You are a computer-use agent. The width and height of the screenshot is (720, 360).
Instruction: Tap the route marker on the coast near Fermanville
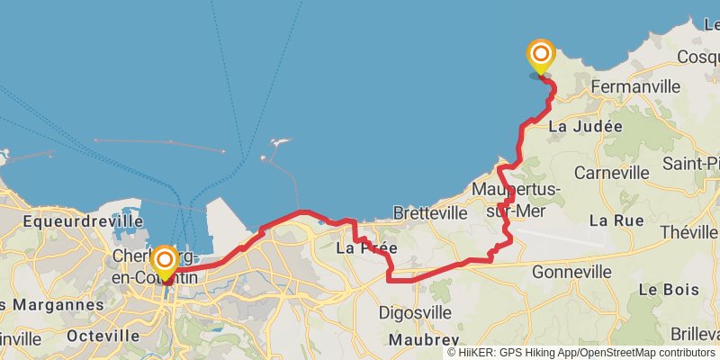click(541, 56)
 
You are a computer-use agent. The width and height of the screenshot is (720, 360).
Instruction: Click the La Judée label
click(585, 127)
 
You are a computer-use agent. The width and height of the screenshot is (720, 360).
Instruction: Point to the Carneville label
click(611, 172)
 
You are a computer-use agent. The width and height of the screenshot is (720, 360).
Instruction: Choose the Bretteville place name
click(430, 213)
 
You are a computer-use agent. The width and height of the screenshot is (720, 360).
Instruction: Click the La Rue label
click(616, 220)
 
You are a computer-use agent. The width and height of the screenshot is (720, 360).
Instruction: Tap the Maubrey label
click(418, 340)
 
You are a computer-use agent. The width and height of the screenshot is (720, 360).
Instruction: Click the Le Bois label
click(662, 290)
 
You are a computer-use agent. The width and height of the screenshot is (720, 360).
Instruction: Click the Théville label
click(688, 232)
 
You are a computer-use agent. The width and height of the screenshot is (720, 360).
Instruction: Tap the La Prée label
click(366, 247)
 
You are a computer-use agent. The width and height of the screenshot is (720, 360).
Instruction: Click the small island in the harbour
click(281, 143)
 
